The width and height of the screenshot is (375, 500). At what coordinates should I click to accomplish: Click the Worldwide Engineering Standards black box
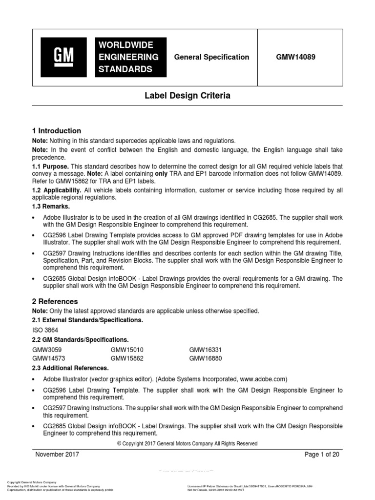[131, 57]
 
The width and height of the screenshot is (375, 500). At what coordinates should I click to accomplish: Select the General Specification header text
[211, 57]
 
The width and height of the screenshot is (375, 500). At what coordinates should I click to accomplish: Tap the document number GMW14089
[295, 57]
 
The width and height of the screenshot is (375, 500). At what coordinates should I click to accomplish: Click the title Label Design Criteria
[187, 96]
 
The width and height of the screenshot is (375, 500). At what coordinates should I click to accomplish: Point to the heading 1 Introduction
[57, 131]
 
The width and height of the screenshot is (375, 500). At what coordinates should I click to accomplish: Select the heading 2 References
[55, 301]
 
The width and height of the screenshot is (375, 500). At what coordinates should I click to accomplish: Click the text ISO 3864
[45, 330]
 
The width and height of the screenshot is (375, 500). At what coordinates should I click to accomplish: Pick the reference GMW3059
[47, 350]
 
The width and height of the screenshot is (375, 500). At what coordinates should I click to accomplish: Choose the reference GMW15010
[127, 350]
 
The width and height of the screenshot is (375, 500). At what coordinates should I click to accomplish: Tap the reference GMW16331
[206, 350]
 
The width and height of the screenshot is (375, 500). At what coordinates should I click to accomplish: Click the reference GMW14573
[49, 358]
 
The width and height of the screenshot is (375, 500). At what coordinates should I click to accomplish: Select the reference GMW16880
[206, 358]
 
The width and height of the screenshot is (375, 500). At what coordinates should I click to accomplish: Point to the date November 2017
[57, 454]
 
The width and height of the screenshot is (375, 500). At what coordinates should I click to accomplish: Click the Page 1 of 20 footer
[321, 454]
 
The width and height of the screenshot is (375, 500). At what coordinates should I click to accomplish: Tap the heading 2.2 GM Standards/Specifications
[80, 339]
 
